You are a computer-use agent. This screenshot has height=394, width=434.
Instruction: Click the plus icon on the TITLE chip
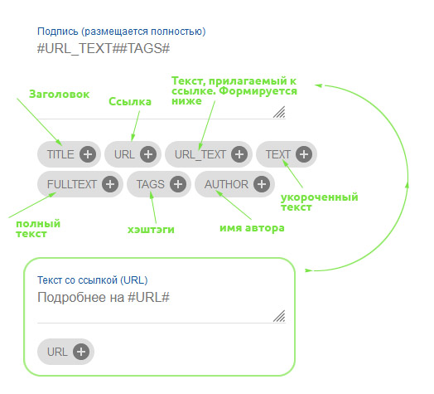[x=88, y=154]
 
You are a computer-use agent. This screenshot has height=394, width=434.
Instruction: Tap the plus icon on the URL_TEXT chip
[x=239, y=154]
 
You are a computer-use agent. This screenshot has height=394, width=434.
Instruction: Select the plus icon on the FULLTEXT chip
[x=110, y=184]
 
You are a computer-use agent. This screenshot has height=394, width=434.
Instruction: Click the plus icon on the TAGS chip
[x=178, y=184]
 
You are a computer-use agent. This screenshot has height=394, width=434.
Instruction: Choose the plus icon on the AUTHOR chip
[x=262, y=184]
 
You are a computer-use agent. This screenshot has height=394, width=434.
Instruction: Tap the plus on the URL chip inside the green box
[x=81, y=352]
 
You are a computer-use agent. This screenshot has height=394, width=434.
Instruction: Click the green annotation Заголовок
[x=60, y=95]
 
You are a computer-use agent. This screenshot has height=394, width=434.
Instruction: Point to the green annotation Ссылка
[x=130, y=102]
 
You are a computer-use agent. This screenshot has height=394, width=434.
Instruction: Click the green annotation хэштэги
[x=151, y=230]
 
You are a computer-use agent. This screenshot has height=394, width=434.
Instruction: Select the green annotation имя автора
[x=252, y=228]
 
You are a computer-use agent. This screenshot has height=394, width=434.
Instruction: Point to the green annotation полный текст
[x=38, y=229]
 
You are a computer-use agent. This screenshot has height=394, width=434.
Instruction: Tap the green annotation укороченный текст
[x=320, y=202]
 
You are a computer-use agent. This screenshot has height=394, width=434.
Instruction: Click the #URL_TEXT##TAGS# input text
[x=104, y=48]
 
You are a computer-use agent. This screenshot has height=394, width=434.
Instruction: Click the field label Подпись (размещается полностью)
[x=122, y=32]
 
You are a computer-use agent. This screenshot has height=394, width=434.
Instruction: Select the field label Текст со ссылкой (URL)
[x=93, y=280]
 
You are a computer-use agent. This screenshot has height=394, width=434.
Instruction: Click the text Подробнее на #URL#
[x=104, y=298]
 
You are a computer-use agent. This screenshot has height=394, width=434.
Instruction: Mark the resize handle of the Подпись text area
[x=279, y=112]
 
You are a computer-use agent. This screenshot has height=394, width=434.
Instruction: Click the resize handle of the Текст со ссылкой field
[x=279, y=316]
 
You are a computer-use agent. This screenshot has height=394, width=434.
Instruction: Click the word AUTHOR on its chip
[x=226, y=184]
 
